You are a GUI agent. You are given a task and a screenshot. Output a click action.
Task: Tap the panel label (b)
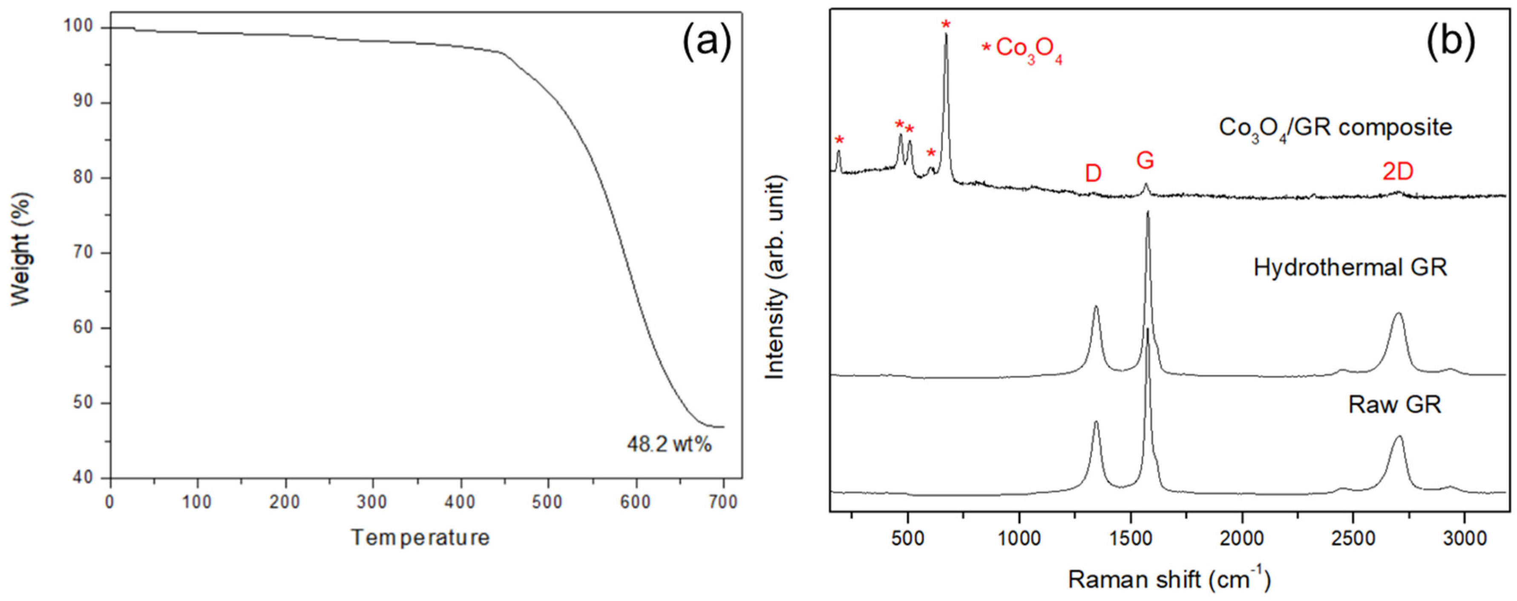point(1450,43)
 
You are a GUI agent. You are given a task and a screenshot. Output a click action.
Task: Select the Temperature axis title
point(420,537)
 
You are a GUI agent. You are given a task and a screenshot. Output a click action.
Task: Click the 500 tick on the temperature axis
point(548,502)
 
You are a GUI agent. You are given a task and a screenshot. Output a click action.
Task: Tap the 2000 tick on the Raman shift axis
point(1243,540)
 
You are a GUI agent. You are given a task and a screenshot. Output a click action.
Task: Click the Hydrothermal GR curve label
point(1350,268)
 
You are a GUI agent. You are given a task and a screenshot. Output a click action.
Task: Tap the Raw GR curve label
point(1394,405)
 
